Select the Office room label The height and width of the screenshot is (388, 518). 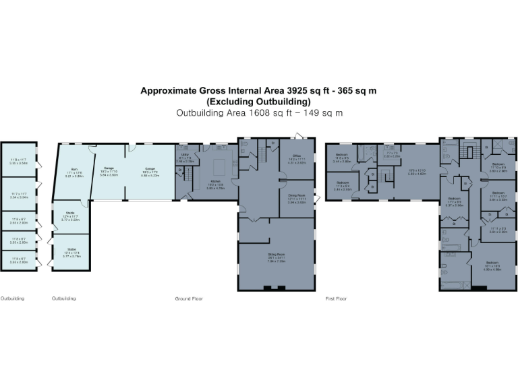(x=297, y=158)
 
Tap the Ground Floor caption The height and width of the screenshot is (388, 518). (x=188, y=298)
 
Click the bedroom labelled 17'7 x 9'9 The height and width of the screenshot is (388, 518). (x=455, y=201)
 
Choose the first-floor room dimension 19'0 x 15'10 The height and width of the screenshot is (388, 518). (x=417, y=171)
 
